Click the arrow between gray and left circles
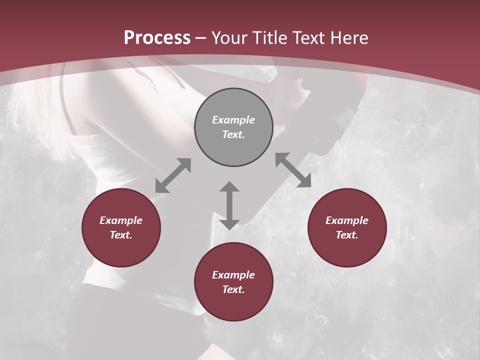[173, 175]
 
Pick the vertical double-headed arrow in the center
[229, 205]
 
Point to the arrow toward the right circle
[293, 170]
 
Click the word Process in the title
[157, 37]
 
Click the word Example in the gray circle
[233, 120]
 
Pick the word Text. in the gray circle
[233, 134]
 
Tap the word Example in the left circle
[121, 220]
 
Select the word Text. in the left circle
[121, 235]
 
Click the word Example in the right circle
[347, 220]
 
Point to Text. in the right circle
[347, 235]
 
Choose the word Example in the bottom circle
[233, 275]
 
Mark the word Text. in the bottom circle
[233, 289]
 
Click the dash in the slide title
[201, 38]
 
